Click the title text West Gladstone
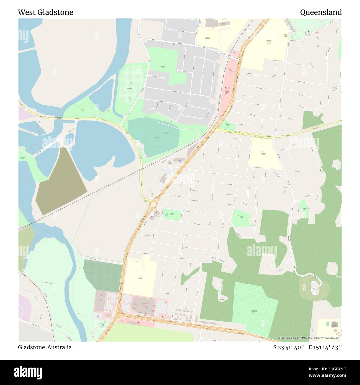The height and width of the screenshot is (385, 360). (45, 12)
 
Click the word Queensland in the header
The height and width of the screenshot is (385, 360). (321, 12)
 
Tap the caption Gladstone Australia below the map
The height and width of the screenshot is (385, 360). (45, 347)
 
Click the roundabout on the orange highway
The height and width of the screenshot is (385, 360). (153, 204)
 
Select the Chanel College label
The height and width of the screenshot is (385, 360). (140, 277)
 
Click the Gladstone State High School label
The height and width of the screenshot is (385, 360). (269, 42)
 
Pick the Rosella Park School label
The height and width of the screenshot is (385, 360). (207, 38)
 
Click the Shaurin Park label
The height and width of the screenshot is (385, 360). (241, 217)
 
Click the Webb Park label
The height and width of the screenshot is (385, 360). (130, 88)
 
